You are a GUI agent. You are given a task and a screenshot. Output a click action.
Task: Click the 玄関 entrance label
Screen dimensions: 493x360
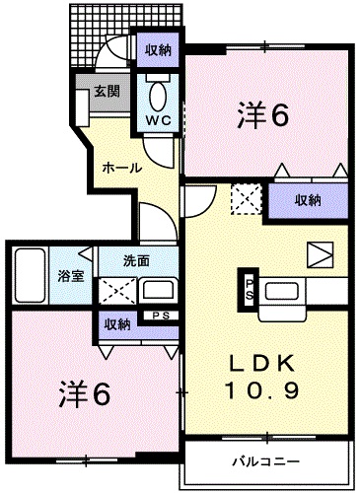tap(107, 92)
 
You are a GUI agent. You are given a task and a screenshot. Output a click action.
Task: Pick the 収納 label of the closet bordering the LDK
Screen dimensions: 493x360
tap(308, 199)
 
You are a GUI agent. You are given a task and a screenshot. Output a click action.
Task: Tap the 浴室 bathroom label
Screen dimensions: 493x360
tap(69, 275)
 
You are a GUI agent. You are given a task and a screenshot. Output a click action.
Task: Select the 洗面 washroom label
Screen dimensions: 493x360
tap(136, 261)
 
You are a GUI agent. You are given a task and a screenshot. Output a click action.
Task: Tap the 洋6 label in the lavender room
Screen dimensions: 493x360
tap(82, 393)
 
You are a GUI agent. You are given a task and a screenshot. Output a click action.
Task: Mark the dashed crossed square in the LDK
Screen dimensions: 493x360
tap(244, 200)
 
